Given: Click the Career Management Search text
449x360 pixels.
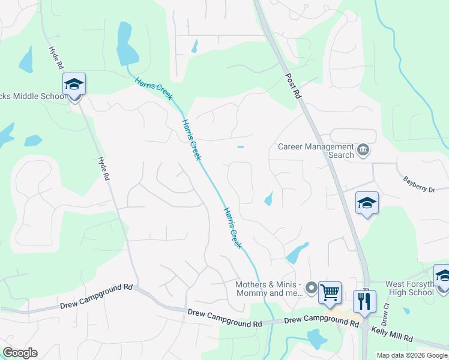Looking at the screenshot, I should [x=316, y=151].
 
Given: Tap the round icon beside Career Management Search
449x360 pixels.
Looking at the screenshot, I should [x=363, y=150].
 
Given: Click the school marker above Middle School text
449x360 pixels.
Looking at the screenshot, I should [x=74, y=85].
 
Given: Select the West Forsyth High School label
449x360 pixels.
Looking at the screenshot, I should [x=409, y=288].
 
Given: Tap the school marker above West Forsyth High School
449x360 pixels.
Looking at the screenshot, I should [x=443, y=275].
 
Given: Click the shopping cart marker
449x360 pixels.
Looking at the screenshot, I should [x=330, y=293].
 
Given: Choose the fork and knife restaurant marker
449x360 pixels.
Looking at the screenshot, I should [x=364, y=301].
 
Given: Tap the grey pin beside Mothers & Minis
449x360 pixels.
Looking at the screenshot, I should [x=311, y=289].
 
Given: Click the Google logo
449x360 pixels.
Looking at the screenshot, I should [x=20, y=353].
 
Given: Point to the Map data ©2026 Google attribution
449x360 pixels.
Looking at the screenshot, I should [x=412, y=355].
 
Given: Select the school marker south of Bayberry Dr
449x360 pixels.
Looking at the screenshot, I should [x=367, y=203].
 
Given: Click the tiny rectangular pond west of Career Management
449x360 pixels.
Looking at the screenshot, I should [x=241, y=147].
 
